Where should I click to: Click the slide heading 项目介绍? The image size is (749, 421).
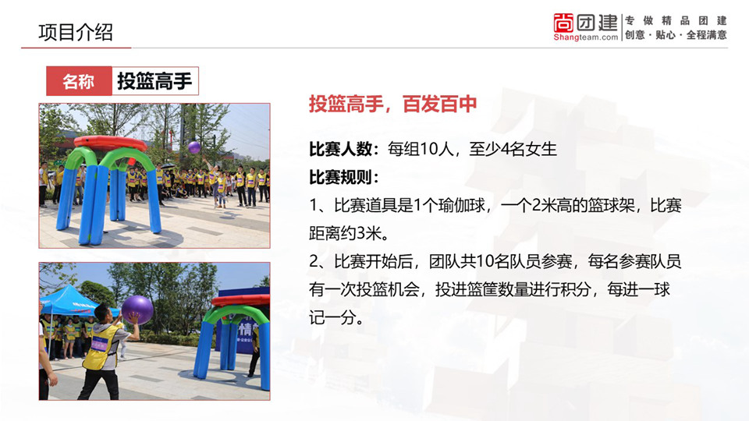tap(76, 33)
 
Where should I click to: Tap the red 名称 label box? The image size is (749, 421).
tap(80, 81)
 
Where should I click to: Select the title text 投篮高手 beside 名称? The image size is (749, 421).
tap(154, 81)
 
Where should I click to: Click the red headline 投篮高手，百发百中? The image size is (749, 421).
tap(392, 104)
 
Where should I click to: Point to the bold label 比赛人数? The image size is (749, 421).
tap(340, 149)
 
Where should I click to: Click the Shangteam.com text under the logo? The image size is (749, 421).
tap(586, 37)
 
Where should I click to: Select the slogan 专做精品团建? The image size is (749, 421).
tap(676, 20)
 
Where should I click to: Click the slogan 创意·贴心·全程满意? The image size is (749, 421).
tap(676, 35)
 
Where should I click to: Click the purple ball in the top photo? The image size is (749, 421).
tap(194, 147)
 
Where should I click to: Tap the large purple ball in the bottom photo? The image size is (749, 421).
tap(137, 310)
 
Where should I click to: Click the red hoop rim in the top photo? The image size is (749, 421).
tap(110, 143)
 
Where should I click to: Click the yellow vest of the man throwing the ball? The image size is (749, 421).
tap(101, 347)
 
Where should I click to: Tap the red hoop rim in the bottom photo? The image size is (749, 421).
tap(241, 300)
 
